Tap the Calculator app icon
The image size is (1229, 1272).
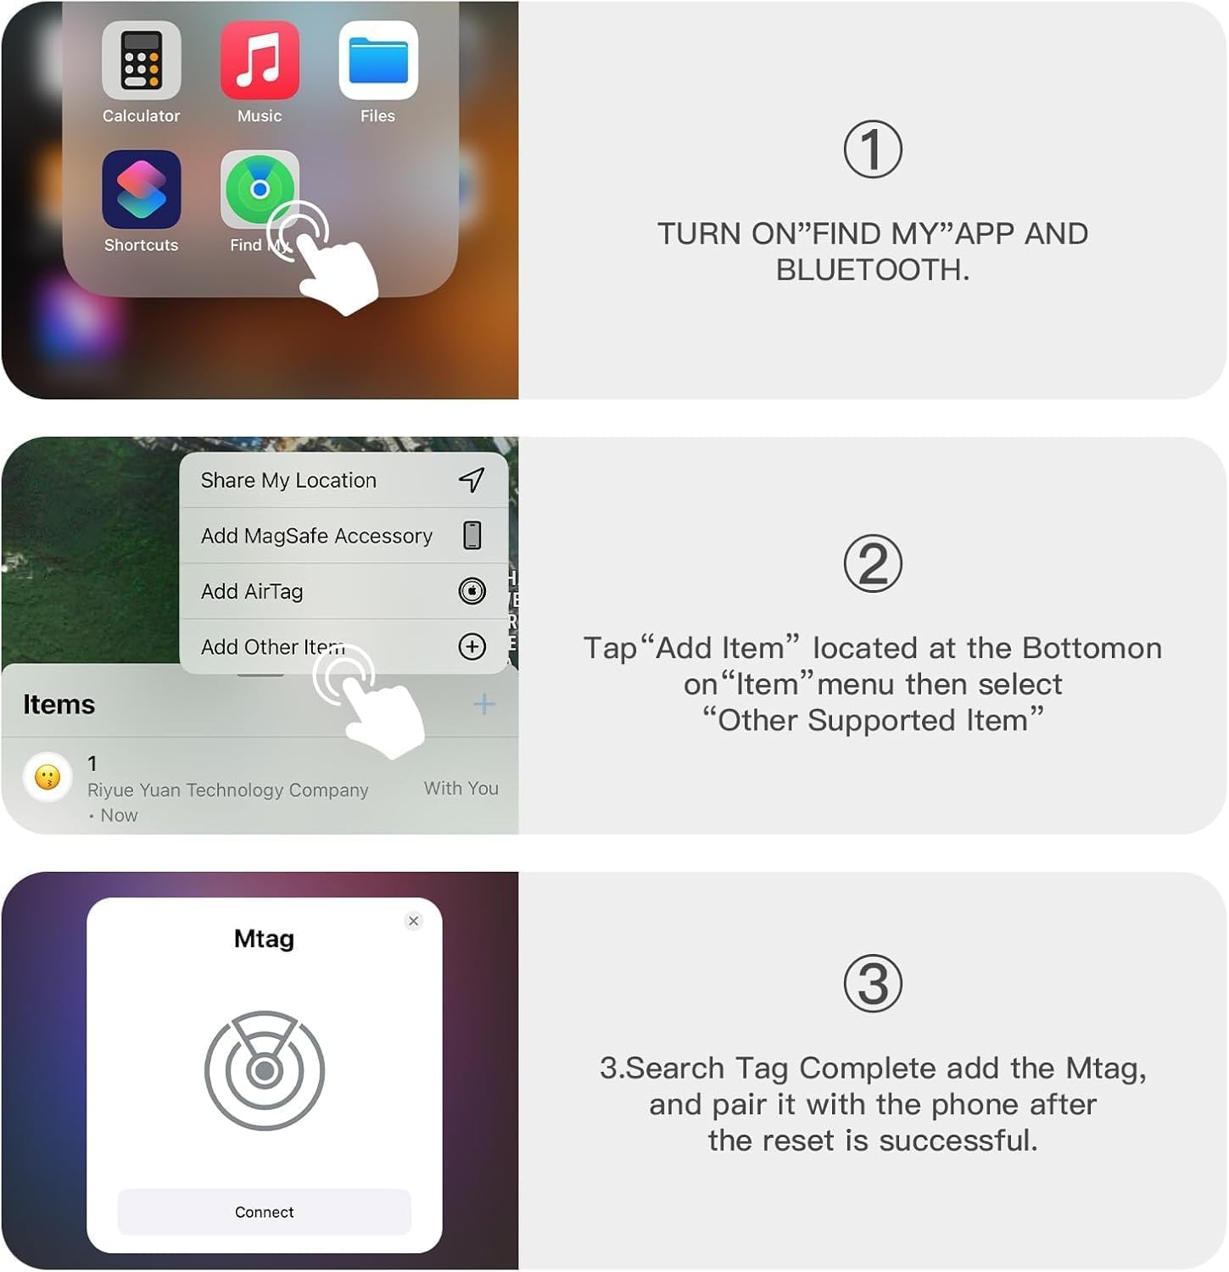point(141,61)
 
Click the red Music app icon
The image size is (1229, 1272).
point(260,61)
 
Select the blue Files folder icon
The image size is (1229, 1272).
point(378,61)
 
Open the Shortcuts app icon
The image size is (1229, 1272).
point(141,189)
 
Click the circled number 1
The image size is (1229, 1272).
point(873,150)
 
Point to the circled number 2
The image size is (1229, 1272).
point(873,564)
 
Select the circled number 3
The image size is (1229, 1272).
point(873,985)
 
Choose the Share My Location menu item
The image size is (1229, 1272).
point(288,481)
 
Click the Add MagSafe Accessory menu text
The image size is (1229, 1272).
point(316,536)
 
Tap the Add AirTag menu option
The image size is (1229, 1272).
point(252,591)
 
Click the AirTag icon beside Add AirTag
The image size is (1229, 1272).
point(472,591)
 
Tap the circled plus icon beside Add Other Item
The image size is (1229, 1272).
point(472,647)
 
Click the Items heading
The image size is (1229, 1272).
point(59,705)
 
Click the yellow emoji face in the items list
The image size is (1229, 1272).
point(47,777)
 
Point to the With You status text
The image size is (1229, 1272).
point(461,789)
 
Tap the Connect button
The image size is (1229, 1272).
point(264,1213)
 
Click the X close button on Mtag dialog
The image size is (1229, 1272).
point(414,921)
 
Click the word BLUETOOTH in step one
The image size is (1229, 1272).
point(871,270)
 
